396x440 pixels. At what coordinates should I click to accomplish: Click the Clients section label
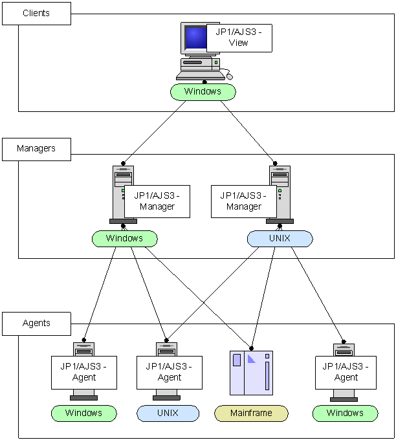(36, 13)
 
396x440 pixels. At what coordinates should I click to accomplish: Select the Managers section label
(36, 148)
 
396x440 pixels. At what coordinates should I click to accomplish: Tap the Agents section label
(36, 323)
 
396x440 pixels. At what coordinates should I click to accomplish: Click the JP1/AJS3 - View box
(239, 38)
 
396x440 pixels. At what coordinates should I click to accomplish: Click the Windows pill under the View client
(203, 92)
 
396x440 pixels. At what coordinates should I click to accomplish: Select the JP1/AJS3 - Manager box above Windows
(157, 201)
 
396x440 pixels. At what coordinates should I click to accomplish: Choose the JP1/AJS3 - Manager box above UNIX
(243, 201)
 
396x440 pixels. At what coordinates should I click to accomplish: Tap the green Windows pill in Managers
(124, 239)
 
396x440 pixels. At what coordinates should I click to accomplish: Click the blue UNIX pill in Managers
(280, 239)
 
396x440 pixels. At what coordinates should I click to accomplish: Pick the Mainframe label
(251, 413)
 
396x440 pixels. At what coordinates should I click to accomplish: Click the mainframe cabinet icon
(252, 373)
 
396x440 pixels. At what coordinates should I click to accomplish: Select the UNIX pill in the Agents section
(168, 413)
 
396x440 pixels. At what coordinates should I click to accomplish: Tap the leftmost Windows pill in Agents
(83, 413)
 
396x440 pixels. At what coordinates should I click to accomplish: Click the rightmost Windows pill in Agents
(345, 413)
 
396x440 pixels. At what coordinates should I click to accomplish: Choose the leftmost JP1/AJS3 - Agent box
(83, 372)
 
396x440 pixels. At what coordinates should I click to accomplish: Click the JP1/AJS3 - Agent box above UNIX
(170, 372)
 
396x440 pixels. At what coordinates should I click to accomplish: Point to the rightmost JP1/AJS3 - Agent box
(346, 372)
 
